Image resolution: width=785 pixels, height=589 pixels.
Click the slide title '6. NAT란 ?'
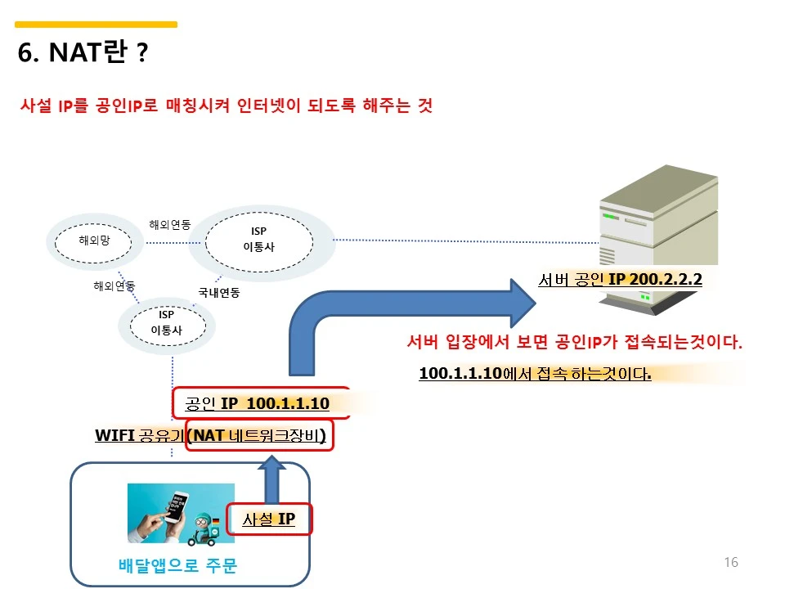point(83,53)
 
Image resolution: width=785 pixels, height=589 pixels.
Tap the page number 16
point(730,562)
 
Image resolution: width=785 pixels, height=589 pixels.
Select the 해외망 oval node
point(94,241)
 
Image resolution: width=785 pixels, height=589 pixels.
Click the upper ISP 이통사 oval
point(258,239)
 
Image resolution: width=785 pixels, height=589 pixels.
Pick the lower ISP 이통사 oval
point(166,323)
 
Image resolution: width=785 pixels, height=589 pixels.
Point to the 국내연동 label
point(218,292)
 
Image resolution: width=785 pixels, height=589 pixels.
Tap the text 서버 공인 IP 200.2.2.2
point(620,279)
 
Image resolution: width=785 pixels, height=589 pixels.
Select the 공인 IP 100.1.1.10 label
point(257,403)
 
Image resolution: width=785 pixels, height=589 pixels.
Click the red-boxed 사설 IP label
point(268,519)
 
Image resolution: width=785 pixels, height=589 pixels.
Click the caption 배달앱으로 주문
point(177,565)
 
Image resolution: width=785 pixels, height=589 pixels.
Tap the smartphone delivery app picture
point(181,513)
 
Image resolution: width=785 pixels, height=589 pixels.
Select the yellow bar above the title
point(96,25)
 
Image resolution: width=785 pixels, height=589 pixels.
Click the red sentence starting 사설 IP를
point(226,106)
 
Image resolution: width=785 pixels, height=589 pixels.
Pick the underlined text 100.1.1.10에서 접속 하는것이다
point(535,374)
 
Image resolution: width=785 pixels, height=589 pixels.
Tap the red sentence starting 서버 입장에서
point(574,342)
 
